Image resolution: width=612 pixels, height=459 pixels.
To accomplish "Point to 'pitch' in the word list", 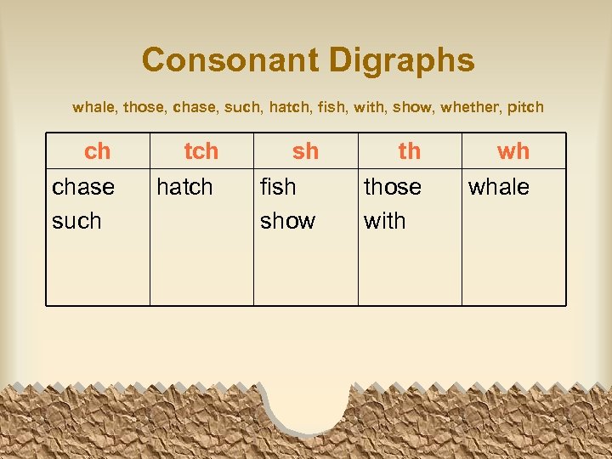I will point(525,108).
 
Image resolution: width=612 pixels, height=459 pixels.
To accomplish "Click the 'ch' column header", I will point(98,151).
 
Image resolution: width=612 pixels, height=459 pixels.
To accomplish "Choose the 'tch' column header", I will point(201,151).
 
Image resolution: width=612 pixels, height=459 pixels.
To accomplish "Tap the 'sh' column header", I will point(305,151).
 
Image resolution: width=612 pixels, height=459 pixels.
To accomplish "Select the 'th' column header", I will point(410,151).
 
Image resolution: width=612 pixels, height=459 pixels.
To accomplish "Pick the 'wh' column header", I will point(513,151).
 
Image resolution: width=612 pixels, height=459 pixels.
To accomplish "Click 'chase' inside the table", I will point(83,187).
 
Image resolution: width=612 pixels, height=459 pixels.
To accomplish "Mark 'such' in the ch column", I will point(76,221).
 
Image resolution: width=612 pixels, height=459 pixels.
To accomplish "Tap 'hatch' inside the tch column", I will point(184,187).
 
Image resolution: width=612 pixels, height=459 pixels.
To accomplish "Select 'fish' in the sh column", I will point(278,187).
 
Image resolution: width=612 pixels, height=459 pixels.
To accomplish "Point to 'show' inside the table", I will point(287,221).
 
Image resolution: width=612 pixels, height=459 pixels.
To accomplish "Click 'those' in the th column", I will point(393,187).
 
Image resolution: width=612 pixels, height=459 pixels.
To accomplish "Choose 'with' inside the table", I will point(385,221).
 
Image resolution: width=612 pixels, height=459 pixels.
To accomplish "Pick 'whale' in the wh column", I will point(499,187).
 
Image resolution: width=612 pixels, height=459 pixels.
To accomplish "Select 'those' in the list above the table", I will point(144,108).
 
